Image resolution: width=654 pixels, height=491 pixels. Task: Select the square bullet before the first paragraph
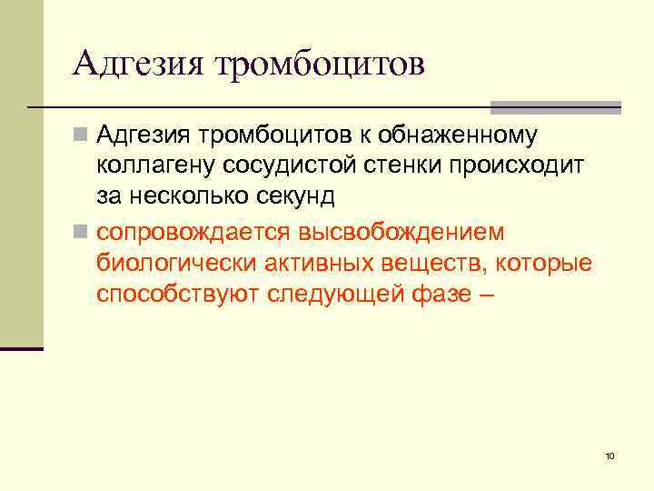point(82,136)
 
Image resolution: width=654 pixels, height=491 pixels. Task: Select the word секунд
point(292,195)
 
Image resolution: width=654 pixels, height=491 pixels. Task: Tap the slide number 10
point(609,456)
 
